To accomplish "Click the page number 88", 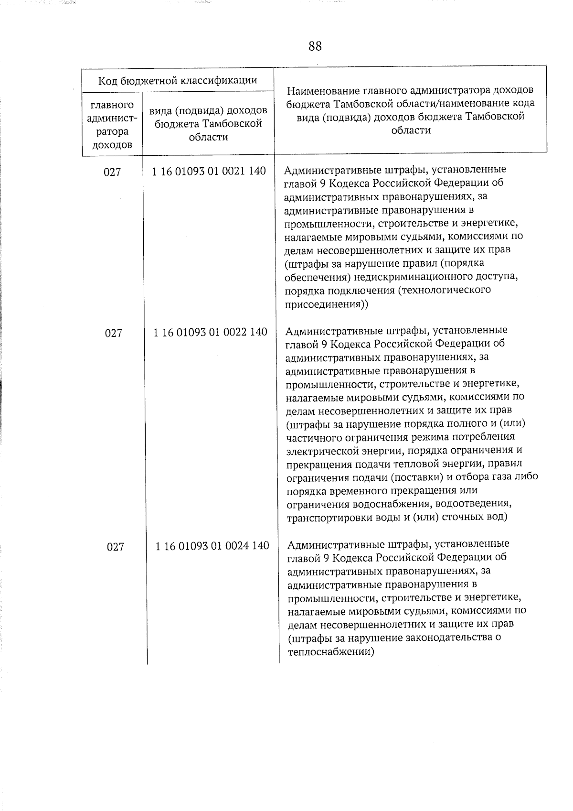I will coord(315,46).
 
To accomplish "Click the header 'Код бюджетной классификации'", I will coord(178,80).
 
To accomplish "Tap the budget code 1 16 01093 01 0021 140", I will coord(209,171).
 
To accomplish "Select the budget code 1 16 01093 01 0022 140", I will coord(210,332).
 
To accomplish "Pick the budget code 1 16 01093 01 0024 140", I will coord(212,545).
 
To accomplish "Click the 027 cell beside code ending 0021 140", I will coord(112,172).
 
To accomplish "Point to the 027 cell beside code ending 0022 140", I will coord(114,333).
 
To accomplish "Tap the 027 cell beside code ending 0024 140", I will coord(116,547).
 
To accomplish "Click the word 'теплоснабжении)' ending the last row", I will coord(331,651).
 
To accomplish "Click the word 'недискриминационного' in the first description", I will coord(404,277).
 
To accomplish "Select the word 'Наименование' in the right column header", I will coord(322,90).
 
